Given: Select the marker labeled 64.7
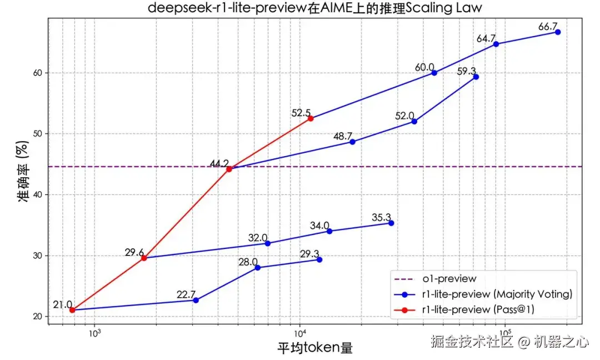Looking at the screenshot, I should click(x=496, y=44).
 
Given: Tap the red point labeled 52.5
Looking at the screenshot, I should click(x=311, y=118).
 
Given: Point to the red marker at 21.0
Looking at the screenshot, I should click(x=72, y=310).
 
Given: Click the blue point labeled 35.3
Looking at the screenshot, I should click(x=391, y=223).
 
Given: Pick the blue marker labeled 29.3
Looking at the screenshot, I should click(x=319, y=259).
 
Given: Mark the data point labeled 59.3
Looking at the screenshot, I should click(x=476, y=77).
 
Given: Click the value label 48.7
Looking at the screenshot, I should click(x=343, y=136).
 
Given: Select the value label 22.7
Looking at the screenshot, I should click(x=186, y=294).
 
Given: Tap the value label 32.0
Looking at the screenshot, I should click(x=258, y=237).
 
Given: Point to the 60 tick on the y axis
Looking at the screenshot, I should click(x=37, y=73).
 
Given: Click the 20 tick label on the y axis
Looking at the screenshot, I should click(x=37, y=317).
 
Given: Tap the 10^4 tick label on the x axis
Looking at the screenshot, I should click(x=300, y=333).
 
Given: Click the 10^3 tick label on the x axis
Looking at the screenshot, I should click(x=94, y=333).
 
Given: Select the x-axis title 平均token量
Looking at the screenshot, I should click(x=315, y=348).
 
